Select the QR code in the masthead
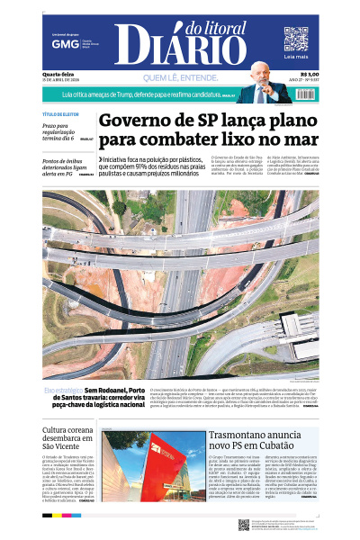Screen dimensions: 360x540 [x=296, y=39]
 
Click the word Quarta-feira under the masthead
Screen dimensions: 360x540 [x=57, y=75]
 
